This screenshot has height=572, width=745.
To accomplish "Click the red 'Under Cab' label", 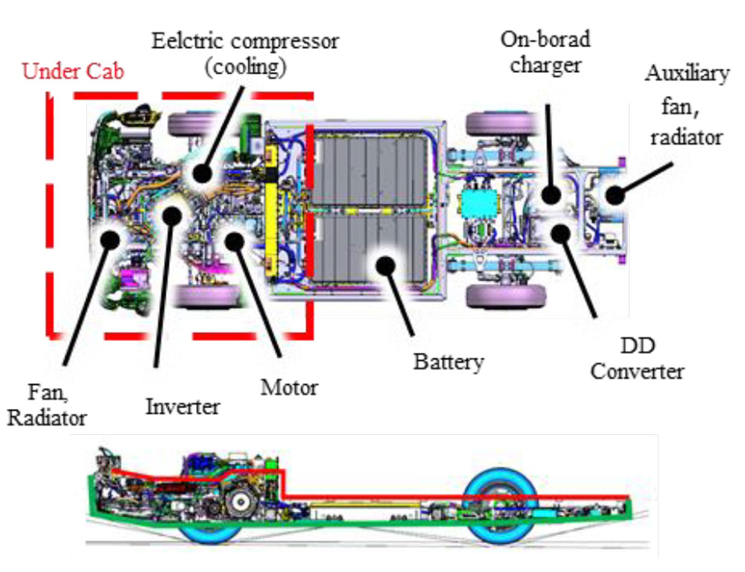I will (72, 71).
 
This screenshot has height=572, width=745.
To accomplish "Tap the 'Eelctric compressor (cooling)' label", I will (245, 53).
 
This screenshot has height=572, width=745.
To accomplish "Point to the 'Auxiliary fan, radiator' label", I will (683, 105).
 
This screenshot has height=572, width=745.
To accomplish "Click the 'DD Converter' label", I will (636, 358).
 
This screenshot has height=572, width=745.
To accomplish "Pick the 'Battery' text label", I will (449, 362).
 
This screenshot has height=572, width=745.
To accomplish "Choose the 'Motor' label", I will (289, 387).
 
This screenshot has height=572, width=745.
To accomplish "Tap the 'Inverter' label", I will (183, 407).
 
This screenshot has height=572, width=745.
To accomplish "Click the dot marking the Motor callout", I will (235, 240).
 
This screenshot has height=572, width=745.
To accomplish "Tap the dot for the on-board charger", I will (551, 195).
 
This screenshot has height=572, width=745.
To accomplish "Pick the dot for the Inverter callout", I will (173, 217).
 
